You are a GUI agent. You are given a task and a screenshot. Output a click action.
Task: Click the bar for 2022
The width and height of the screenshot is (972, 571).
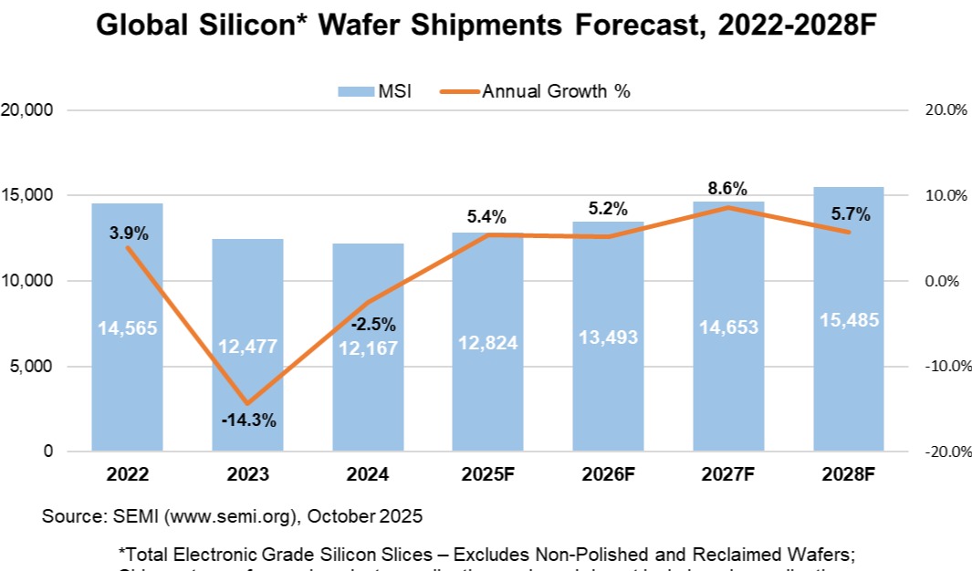[x=127, y=383]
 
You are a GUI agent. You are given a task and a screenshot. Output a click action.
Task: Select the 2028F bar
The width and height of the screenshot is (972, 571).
[x=848, y=383]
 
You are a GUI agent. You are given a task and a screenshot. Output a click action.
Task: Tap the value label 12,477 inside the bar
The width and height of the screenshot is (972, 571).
[x=247, y=347]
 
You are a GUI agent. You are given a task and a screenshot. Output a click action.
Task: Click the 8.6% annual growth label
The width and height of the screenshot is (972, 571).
[x=727, y=189]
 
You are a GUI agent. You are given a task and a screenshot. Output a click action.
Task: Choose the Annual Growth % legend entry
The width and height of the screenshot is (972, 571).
[x=544, y=91]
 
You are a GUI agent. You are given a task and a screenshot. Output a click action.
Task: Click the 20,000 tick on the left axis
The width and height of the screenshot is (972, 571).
[x=30, y=110]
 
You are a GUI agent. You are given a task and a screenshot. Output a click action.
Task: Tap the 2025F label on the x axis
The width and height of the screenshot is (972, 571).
[x=487, y=475]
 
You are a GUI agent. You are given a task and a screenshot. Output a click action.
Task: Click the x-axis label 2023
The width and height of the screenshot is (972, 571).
[x=247, y=475]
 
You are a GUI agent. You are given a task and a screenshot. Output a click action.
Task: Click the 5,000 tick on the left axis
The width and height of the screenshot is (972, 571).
[x=35, y=367]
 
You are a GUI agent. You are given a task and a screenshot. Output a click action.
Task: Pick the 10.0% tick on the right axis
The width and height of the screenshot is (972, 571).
[x=946, y=196]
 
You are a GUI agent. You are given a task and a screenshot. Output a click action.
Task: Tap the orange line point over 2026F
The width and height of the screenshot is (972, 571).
[x=608, y=237]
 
